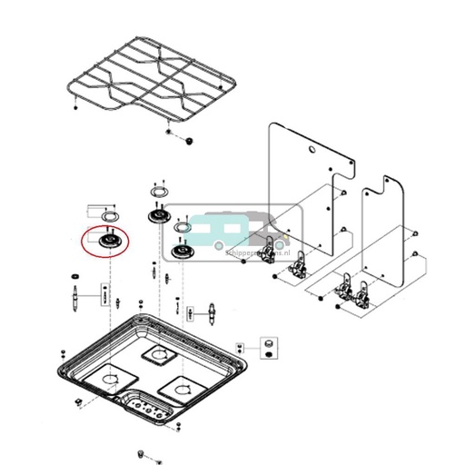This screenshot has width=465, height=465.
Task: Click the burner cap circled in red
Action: [106, 242]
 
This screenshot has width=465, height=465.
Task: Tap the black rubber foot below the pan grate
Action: [188, 141]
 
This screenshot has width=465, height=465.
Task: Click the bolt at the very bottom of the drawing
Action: [141, 451]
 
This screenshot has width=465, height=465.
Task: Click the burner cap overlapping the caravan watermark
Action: [183, 252]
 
